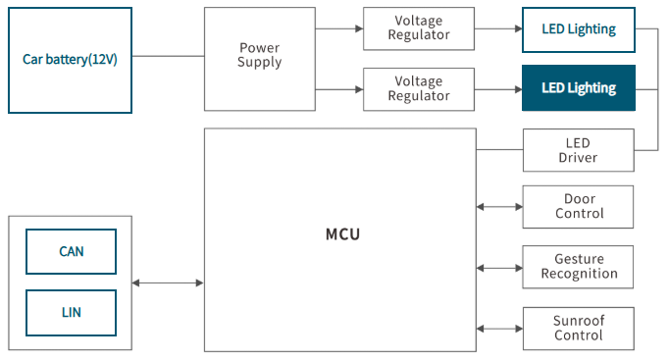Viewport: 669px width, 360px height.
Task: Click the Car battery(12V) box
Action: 70,60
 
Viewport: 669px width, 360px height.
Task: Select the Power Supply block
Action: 259,59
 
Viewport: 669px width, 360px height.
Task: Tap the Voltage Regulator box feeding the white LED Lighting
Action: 419,28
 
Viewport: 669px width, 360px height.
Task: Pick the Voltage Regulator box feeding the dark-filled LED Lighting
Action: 419,89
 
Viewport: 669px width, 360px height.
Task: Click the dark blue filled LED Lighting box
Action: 579,88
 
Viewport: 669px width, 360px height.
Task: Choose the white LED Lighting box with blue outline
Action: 579,29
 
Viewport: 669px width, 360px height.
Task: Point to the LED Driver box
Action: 579,150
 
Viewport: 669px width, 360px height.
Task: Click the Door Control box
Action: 578,207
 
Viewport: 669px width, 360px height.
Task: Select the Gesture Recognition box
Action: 578,267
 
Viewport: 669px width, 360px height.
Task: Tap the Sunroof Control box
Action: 579,329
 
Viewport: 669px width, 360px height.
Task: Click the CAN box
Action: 71,251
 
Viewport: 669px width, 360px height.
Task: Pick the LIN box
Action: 71,313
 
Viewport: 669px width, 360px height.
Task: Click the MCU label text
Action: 342,234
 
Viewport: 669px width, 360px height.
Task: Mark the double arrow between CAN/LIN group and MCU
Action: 168,283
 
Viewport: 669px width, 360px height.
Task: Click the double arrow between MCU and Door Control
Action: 499,207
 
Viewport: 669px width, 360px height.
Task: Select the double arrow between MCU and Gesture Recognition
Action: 499,268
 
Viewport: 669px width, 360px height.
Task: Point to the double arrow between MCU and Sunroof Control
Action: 499,329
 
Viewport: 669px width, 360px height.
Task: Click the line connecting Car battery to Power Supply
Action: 168,56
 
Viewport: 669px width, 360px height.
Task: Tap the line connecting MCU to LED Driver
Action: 499,150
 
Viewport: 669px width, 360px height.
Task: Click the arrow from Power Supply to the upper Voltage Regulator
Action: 339,28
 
